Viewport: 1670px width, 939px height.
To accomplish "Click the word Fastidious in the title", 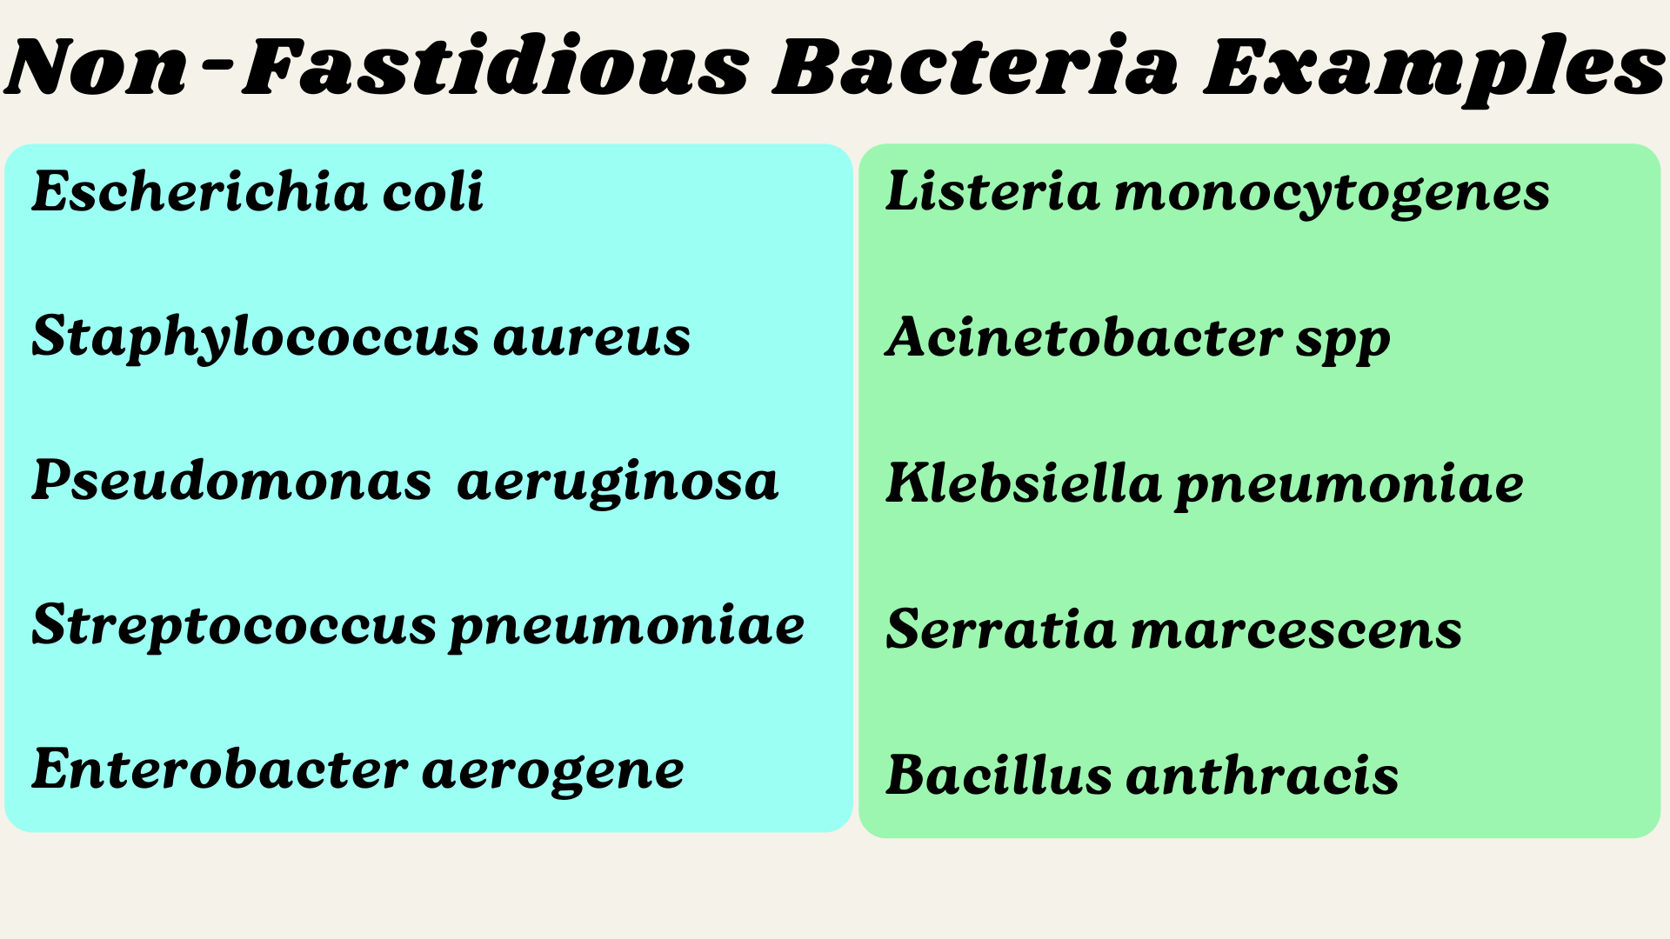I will coord(496,68).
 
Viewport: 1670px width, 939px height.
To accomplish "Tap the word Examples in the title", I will coord(1433,68).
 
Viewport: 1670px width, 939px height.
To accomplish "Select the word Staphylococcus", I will coord(255,337).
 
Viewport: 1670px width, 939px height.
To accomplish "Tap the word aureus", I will coord(591,337).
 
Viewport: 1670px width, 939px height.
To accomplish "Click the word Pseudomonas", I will coord(231,481).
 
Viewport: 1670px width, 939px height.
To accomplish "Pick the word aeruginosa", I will coord(618,483).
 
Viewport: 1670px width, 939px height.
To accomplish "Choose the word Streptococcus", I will coord(234,626).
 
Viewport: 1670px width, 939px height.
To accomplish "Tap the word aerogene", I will coord(553,771).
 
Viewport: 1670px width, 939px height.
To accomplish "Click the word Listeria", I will coord(992,191).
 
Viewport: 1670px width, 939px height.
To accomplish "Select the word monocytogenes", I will coord(1332,193).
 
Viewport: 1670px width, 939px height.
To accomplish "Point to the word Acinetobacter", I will coord(1084,337).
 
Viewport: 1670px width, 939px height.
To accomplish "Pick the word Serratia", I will coord(1000,629).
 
